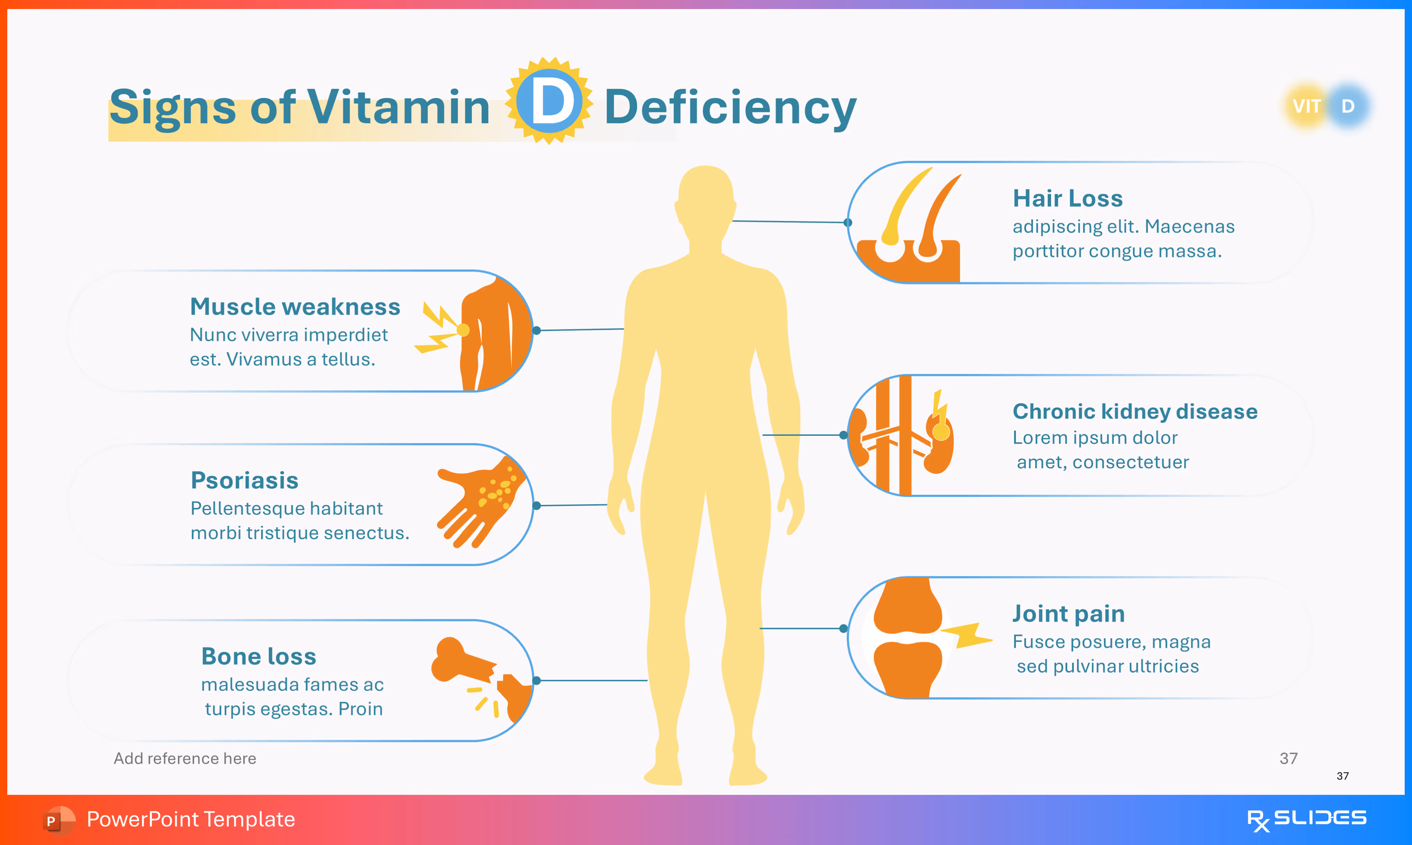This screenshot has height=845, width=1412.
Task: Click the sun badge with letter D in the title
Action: [x=549, y=101]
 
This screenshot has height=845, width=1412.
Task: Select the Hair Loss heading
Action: [x=1068, y=198]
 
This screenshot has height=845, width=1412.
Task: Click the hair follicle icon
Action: [x=911, y=225]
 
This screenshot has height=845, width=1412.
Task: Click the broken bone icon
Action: [x=481, y=675]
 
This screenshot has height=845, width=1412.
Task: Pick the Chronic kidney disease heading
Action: [x=1135, y=411]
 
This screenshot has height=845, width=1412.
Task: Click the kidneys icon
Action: [x=902, y=436]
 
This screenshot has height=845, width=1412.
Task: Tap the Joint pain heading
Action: [x=1068, y=613]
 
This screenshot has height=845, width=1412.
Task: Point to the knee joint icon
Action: [x=908, y=638]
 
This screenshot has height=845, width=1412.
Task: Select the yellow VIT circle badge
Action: [x=1306, y=106]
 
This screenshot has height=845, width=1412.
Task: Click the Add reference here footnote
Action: [x=185, y=758]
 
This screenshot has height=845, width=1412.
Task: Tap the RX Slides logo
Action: [x=1306, y=819]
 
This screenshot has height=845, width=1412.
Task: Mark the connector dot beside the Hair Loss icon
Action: [x=848, y=222]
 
